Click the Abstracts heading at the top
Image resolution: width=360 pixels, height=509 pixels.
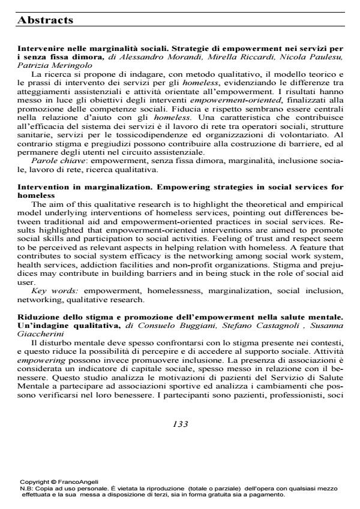point(46,20)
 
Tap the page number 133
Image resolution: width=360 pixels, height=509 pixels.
point(181,424)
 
